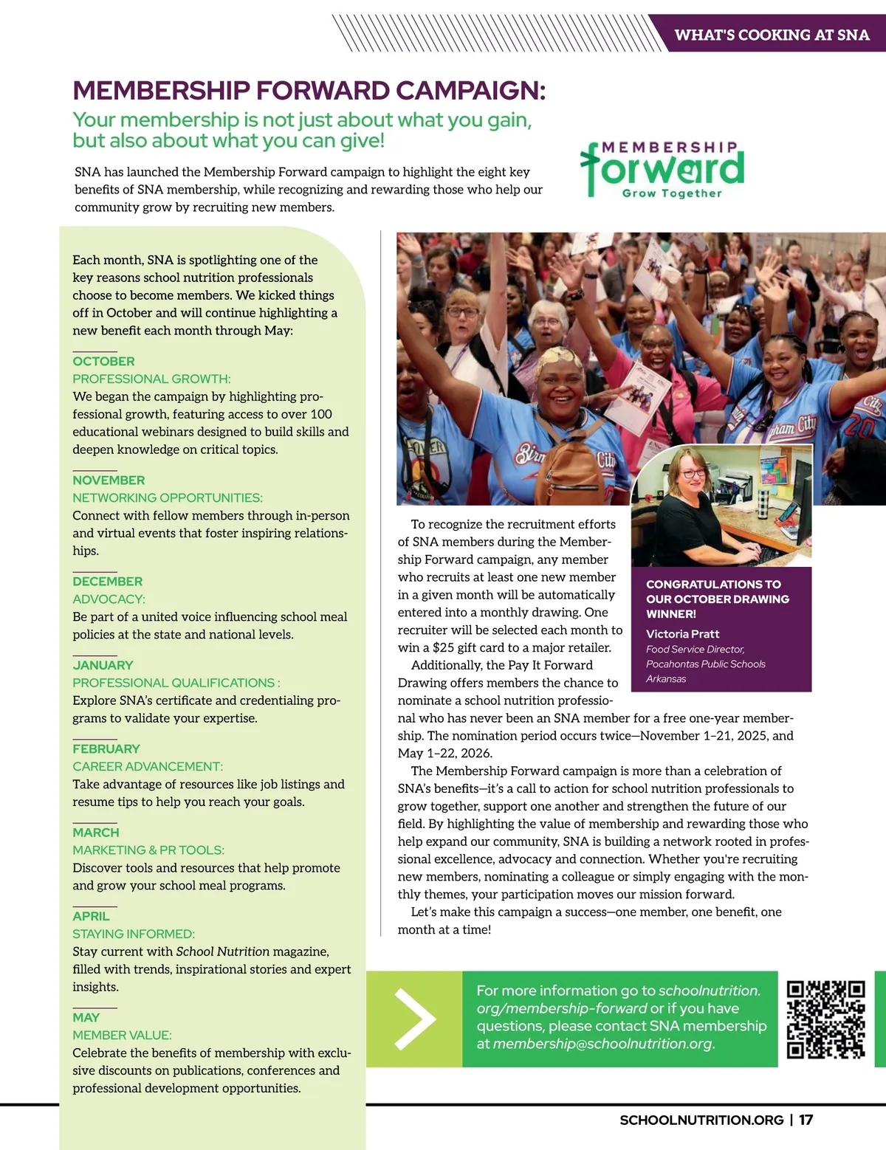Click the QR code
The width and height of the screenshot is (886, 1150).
(825, 1019)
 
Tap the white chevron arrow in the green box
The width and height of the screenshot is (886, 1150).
(415, 1019)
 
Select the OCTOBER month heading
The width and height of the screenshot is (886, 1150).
(103, 362)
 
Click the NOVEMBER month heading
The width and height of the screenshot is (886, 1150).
(109, 481)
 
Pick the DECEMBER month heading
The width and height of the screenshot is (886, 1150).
(107, 582)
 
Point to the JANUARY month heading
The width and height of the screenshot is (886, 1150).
(103, 665)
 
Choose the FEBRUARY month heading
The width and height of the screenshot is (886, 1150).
(106, 748)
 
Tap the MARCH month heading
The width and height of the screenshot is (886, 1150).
(95, 833)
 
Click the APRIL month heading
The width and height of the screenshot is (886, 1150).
(91, 916)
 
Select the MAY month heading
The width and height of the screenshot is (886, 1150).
(86, 1017)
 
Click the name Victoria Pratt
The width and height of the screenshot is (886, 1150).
(682, 634)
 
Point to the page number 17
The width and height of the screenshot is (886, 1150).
(806, 1120)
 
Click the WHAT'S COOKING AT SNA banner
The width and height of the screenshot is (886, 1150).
(772, 35)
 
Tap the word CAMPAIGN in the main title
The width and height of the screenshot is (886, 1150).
(470, 91)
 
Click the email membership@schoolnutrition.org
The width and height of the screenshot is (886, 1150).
(602, 1044)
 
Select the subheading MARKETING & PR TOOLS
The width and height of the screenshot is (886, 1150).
(148, 850)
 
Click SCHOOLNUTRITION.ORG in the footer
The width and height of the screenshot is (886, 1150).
(701, 1120)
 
